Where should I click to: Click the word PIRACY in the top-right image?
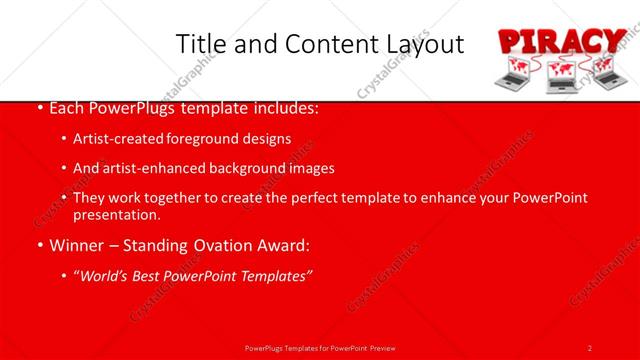(x=562, y=43)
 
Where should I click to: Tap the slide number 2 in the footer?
(x=590, y=347)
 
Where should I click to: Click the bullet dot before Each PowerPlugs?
(x=39, y=107)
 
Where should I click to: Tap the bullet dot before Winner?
(x=39, y=245)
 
